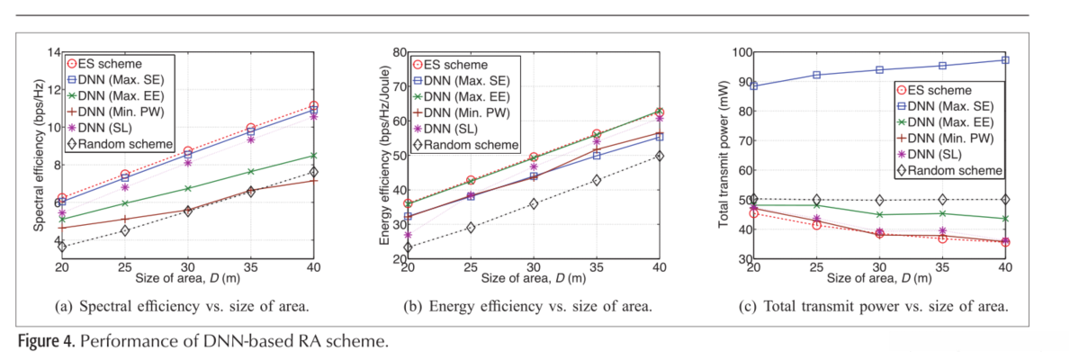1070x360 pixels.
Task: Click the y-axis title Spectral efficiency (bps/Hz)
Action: [40, 155]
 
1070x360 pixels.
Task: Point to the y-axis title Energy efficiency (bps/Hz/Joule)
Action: [386, 155]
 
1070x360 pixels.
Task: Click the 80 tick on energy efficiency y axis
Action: [397, 51]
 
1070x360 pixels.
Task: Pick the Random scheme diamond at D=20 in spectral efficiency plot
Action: [62, 247]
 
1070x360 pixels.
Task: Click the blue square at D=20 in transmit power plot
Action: [754, 86]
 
